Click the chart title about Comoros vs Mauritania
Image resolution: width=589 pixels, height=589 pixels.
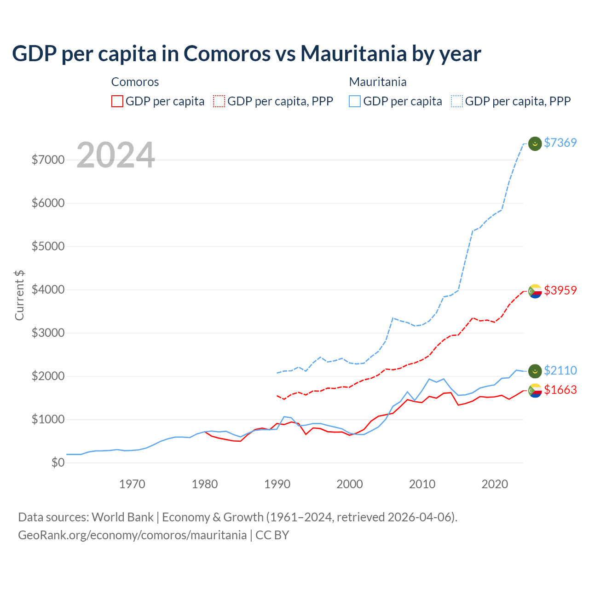pos(246,54)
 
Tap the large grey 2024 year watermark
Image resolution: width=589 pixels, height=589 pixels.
pos(115,156)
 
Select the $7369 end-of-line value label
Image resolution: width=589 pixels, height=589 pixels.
pos(560,143)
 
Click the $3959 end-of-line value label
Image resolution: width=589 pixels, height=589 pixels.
pos(560,290)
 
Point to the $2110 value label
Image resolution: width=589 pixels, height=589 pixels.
pos(560,370)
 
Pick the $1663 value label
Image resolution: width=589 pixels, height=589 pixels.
pos(560,390)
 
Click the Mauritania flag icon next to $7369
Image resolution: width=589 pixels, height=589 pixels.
pos(535,144)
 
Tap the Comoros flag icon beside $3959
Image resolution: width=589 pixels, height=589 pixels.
pos(535,291)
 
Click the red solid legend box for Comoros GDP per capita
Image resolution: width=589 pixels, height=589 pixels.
pos(117,101)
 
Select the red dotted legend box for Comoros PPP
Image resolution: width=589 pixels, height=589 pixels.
pos(219,101)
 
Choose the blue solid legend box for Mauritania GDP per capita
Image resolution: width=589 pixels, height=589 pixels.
pos(355,101)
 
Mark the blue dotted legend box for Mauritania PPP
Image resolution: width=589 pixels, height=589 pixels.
pos(457,101)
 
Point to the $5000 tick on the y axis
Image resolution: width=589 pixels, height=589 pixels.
pos(48,246)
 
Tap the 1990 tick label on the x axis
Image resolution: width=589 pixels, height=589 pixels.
pos(277,484)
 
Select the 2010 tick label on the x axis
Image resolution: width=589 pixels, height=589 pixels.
pos(422,484)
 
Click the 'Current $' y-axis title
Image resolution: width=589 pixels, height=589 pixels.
pos(19,295)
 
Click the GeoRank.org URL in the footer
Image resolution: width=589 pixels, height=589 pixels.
pos(132,535)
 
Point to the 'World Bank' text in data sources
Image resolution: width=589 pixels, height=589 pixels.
pos(122,517)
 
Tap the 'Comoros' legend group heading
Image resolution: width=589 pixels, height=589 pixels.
pos(135,82)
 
